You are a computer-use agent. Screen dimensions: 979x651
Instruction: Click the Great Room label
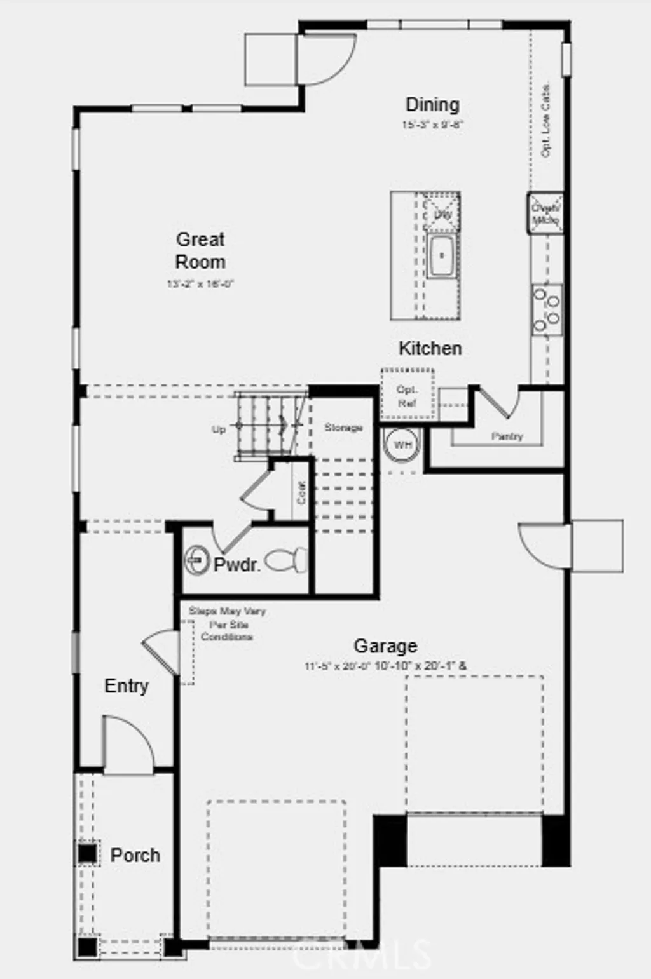tap(200, 250)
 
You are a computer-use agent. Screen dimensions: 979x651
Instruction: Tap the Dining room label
tap(432, 104)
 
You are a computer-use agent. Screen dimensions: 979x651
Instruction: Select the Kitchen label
tap(430, 348)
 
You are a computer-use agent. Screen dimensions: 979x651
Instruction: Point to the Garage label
tap(385, 646)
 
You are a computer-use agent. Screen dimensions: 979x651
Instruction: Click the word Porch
tap(135, 855)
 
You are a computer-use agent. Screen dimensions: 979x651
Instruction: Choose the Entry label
tap(127, 686)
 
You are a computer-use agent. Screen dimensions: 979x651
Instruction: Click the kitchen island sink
tap(441, 256)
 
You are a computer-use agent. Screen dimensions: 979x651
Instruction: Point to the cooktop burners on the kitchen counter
tap(547, 310)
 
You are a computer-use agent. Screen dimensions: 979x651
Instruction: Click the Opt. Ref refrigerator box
tap(407, 396)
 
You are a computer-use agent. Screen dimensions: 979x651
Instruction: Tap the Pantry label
tap(507, 436)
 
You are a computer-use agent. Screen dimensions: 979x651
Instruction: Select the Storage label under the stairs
tap(343, 428)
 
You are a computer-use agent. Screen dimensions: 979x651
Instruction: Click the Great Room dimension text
tap(200, 284)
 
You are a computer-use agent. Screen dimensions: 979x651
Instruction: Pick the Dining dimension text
tap(432, 125)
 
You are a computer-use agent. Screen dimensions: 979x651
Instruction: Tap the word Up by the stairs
tap(218, 429)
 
